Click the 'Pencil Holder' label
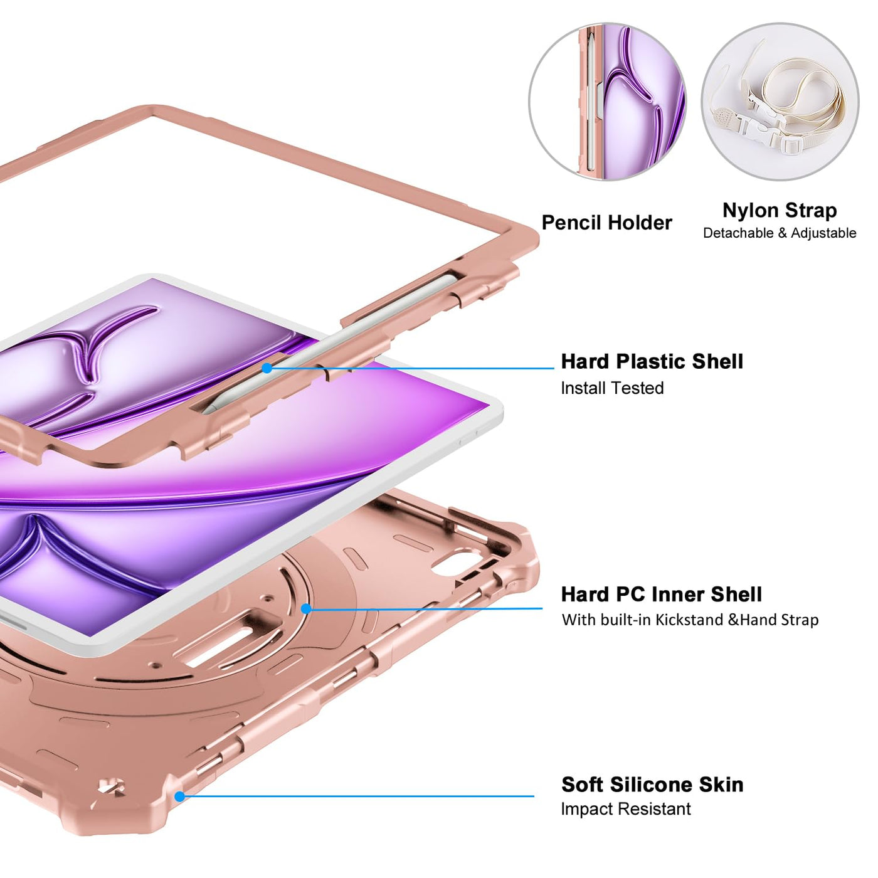pyautogui.click(x=606, y=223)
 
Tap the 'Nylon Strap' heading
pyautogui.click(x=780, y=210)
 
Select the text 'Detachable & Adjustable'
pyautogui.click(x=780, y=233)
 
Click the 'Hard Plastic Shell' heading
pyautogui.click(x=652, y=361)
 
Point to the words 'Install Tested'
pyautogui.click(x=612, y=388)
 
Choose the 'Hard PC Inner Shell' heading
pyautogui.click(x=661, y=594)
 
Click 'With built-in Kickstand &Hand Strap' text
pyautogui.click(x=690, y=620)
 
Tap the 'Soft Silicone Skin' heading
pyautogui.click(x=652, y=784)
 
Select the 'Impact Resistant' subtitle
pyautogui.click(x=625, y=809)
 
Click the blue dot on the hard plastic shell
pyautogui.click(x=267, y=368)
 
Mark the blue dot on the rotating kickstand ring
pyautogui.click(x=306, y=608)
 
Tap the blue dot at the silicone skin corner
pyautogui.click(x=180, y=796)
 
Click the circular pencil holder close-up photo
pyautogui.click(x=607, y=102)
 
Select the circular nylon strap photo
pyautogui.click(x=780, y=102)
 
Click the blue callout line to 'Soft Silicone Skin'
pyautogui.click(x=357, y=796)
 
